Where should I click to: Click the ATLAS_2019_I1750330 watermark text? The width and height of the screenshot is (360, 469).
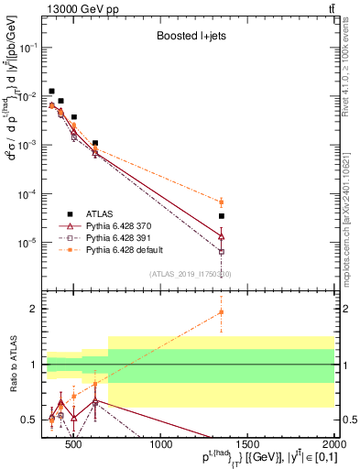[191, 273]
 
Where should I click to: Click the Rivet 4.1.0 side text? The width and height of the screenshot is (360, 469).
[353, 60]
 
